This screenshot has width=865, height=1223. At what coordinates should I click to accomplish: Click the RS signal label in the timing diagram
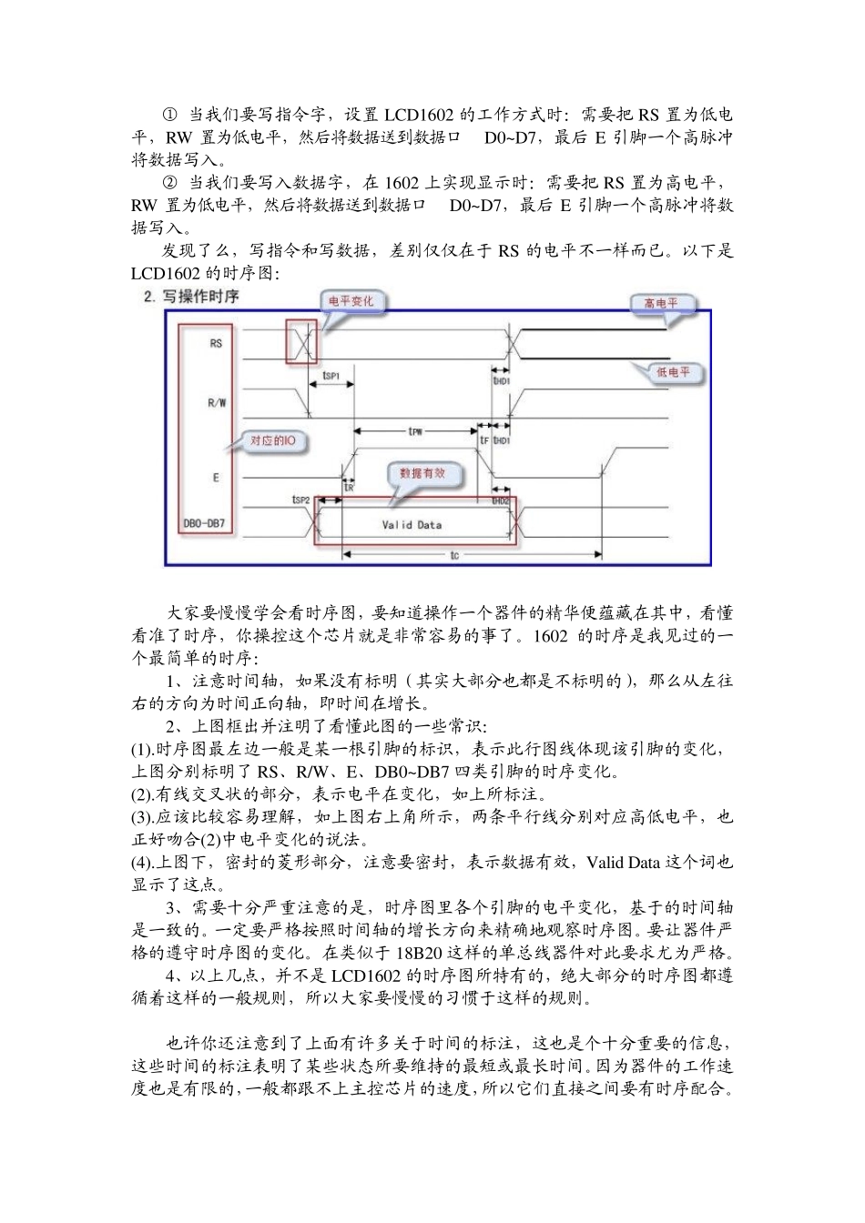tap(216, 344)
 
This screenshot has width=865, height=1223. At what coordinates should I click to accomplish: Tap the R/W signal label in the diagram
tap(217, 403)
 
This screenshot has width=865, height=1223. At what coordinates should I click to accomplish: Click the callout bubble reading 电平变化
tap(351, 301)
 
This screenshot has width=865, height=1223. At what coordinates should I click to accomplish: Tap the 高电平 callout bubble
tap(661, 303)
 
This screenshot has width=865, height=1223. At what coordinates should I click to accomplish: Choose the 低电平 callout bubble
tap(672, 372)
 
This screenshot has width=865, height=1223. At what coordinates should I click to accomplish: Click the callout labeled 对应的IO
tap(273, 441)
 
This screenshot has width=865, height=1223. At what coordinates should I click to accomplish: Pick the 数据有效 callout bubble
tap(423, 474)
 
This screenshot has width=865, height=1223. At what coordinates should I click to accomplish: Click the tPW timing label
tap(415, 430)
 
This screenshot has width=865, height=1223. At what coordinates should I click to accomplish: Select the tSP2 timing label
tap(300, 500)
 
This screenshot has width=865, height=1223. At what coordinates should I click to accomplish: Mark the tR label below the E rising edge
tap(349, 487)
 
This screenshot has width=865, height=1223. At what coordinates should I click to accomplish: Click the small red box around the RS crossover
tap(301, 342)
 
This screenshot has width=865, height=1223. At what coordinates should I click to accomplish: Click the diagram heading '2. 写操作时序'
tap(192, 297)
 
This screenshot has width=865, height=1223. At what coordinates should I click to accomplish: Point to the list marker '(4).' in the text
tap(146, 862)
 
